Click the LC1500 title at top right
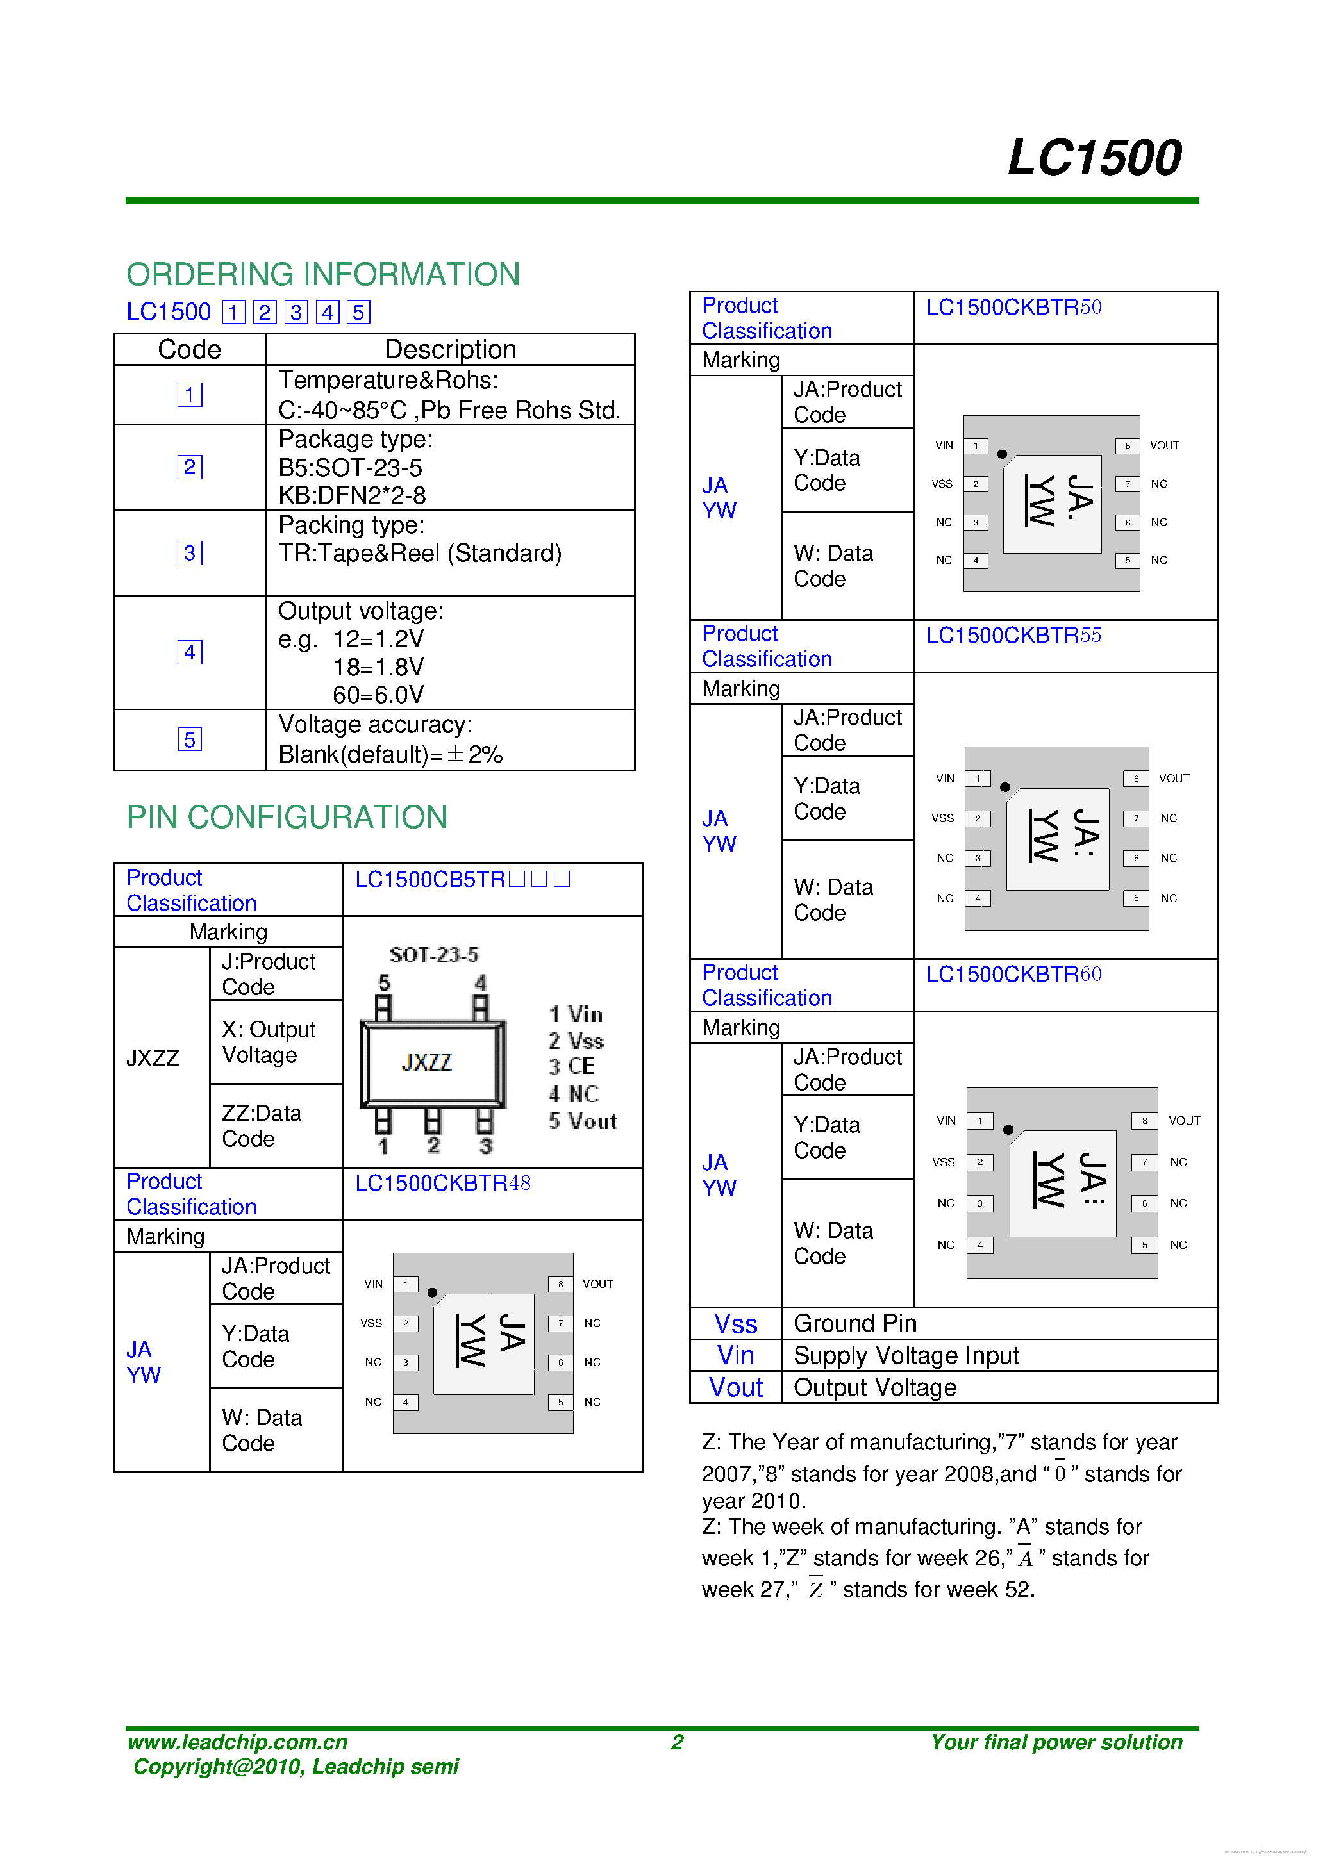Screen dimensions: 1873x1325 point(1094,158)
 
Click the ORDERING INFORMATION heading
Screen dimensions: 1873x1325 point(323,274)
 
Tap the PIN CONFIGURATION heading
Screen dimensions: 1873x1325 point(287,816)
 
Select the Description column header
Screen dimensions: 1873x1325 point(451,349)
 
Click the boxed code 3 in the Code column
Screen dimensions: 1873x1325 point(189,553)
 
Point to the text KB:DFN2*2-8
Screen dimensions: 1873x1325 point(352,495)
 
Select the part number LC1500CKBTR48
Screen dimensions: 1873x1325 point(442,1183)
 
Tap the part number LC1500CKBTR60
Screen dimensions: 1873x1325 point(1013,974)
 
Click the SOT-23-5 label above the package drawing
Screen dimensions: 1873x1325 point(433,955)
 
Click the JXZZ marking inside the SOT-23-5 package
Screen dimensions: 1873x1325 point(427,1062)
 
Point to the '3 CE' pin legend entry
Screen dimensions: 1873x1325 point(571,1066)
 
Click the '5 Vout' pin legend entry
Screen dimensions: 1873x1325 point(583,1121)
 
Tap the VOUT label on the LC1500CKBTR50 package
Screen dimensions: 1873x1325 point(1164,445)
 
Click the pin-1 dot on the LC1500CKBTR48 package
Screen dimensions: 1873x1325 point(433,1292)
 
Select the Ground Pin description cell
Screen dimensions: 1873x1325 point(855,1323)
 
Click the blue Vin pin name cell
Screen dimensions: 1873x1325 point(735,1356)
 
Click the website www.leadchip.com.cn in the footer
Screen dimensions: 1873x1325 point(237,1742)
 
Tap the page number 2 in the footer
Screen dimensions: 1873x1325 point(677,1742)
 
